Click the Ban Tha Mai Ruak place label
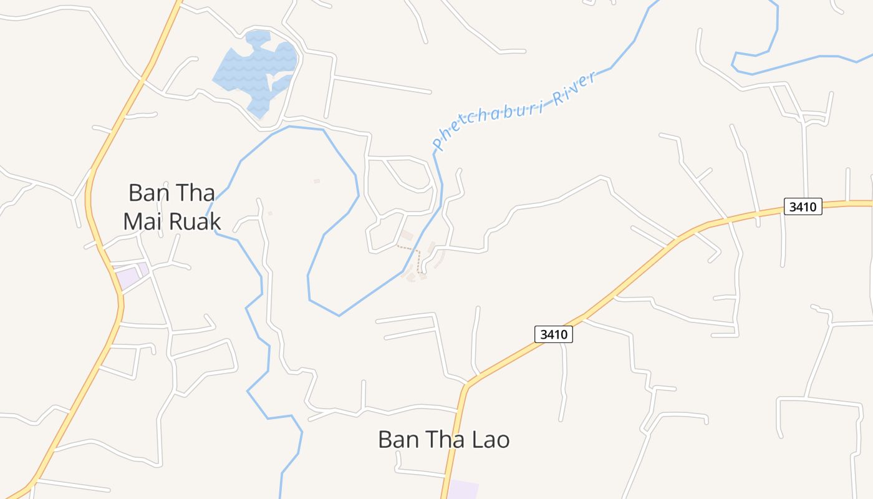tap(171, 207)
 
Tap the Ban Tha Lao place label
tap(443, 440)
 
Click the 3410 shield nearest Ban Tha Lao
tap(554, 334)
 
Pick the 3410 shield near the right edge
tap(803, 206)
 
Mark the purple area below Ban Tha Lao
tap(463, 490)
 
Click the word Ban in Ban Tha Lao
tap(397, 440)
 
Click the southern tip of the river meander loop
tap(339, 315)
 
